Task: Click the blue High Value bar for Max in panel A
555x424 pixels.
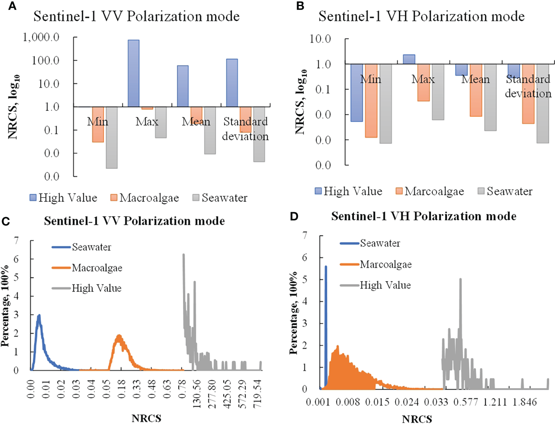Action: [x=133, y=73]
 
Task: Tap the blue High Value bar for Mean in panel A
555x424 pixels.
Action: [x=183, y=86]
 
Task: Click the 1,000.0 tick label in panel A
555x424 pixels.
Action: [x=41, y=37]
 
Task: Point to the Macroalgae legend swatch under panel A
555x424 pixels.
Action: [x=114, y=198]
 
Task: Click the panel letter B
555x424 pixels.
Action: [x=300, y=6]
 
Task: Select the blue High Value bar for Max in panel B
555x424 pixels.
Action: [x=409, y=59]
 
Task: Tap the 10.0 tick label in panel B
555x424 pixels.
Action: [x=320, y=39]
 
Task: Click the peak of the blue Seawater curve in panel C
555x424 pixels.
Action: [x=39, y=315]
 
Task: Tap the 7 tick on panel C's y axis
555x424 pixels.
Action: [x=16, y=241]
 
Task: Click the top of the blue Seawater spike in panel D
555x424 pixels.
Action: [x=326, y=267]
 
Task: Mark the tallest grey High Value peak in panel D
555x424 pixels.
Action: [x=460, y=279]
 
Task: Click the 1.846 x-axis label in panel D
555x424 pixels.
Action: [x=525, y=402]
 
